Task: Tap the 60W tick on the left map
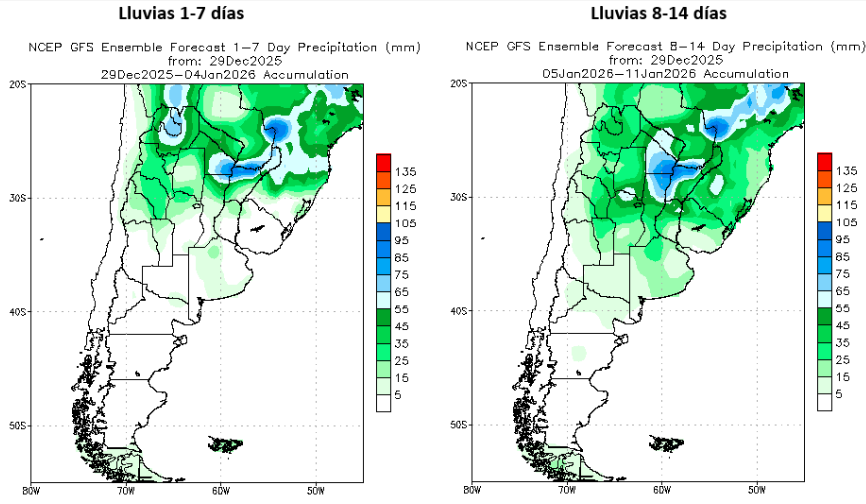[220, 491]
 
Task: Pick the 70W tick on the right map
[566, 491]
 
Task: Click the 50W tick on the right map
[756, 491]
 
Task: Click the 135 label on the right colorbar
[846, 172]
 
